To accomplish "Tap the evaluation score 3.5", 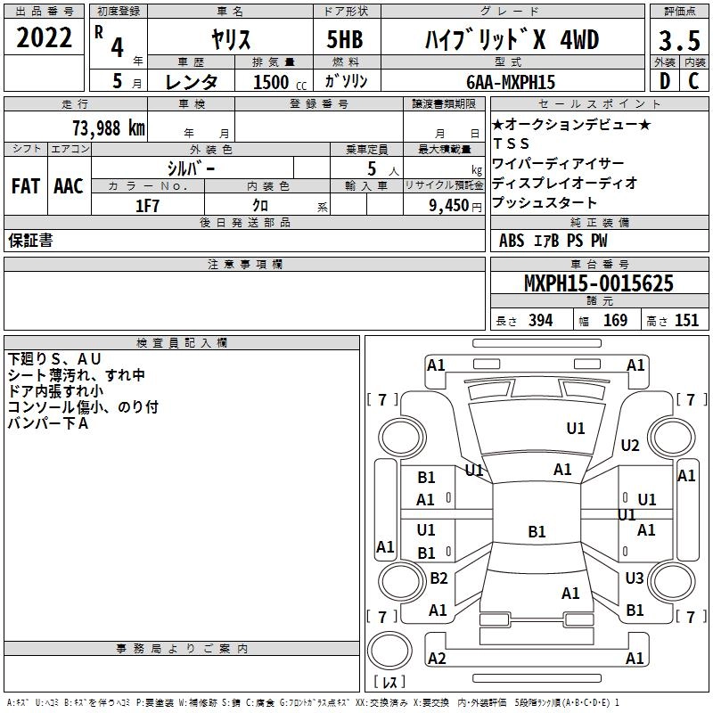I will [678, 41].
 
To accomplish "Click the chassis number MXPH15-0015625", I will [598, 284].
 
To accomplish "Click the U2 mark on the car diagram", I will [630, 446].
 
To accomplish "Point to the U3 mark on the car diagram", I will [634, 578].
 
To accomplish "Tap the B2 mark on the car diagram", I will [438, 578].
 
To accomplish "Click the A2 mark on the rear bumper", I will [437, 659].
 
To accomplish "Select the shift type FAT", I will [26, 186].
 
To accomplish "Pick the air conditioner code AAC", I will [68, 186].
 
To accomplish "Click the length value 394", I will [540, 321].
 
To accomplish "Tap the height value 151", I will [686, 321].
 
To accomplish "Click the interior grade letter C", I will [693, 81].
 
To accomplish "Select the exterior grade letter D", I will [664, 81].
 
